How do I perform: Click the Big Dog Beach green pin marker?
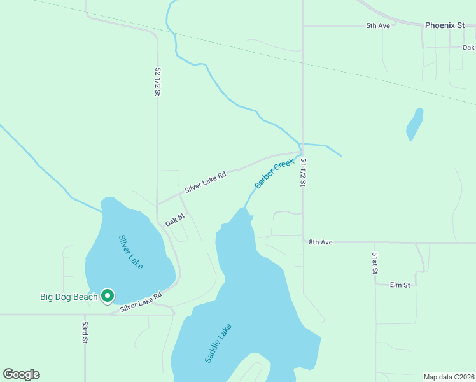[108, 295]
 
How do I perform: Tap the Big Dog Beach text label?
[69, 297]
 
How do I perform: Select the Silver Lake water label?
[131, 251]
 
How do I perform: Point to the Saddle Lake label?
[218, 343]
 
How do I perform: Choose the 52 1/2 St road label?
[157, 82]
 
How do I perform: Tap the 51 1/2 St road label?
[304, 173]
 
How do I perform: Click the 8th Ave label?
[321, 243]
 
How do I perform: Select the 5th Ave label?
[377, 25]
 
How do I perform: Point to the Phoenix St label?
[444, 25]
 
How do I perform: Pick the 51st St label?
[375, 263]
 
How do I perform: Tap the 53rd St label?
[85, 332]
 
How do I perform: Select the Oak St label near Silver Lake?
[175, 220]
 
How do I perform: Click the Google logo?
[21, 374]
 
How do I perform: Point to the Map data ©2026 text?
[449, 377]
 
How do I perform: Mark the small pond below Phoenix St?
[414, 125]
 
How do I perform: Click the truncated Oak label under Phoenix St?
[468, 48]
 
